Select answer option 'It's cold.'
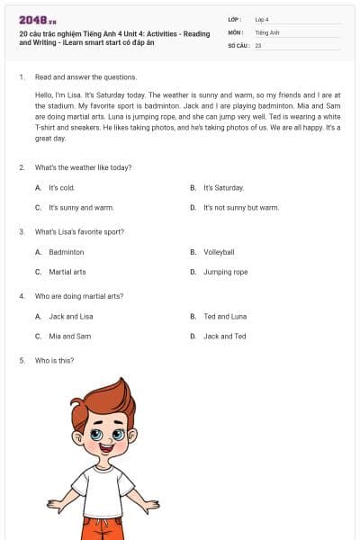(61, 188)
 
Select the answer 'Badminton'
(66, 252)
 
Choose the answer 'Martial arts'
(67, 272)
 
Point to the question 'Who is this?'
(54, 360)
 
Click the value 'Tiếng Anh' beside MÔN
(267, 31)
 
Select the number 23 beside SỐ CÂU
(258, 45)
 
